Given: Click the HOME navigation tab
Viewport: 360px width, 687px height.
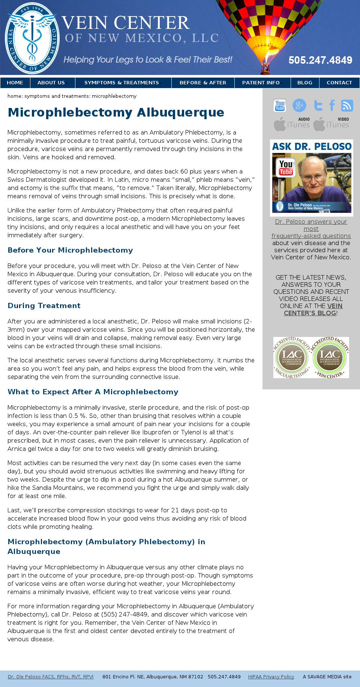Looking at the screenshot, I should pos(15,83).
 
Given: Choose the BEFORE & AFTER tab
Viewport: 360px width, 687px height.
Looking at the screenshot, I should pos(203,83).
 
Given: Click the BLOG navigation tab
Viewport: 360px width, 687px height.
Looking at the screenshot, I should pos(305,83).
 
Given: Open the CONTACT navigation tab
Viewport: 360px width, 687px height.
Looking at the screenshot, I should pos(339,83).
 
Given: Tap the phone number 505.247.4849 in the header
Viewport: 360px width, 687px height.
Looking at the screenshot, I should pos(320,60).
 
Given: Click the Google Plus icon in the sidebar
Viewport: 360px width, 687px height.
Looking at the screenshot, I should pos(299,106).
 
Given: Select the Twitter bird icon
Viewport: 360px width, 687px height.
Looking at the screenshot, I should pos(318,106).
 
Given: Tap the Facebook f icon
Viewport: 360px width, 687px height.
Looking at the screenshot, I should pos(332,106).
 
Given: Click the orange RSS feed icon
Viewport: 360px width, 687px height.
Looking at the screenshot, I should pos(347,106).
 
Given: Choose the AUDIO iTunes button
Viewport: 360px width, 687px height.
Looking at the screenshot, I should pos(292,124).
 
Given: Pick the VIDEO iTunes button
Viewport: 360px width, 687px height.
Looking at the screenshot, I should pos(331,124).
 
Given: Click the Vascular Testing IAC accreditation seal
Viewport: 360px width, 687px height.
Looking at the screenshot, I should pos(292,358).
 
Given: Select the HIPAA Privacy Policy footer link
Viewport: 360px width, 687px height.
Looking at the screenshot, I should pos(271,677).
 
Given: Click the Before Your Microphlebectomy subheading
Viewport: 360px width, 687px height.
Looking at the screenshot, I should pos(70,250).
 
